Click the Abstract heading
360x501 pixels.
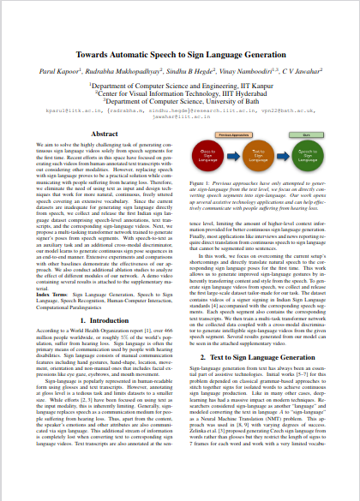(x=104, y=134)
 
